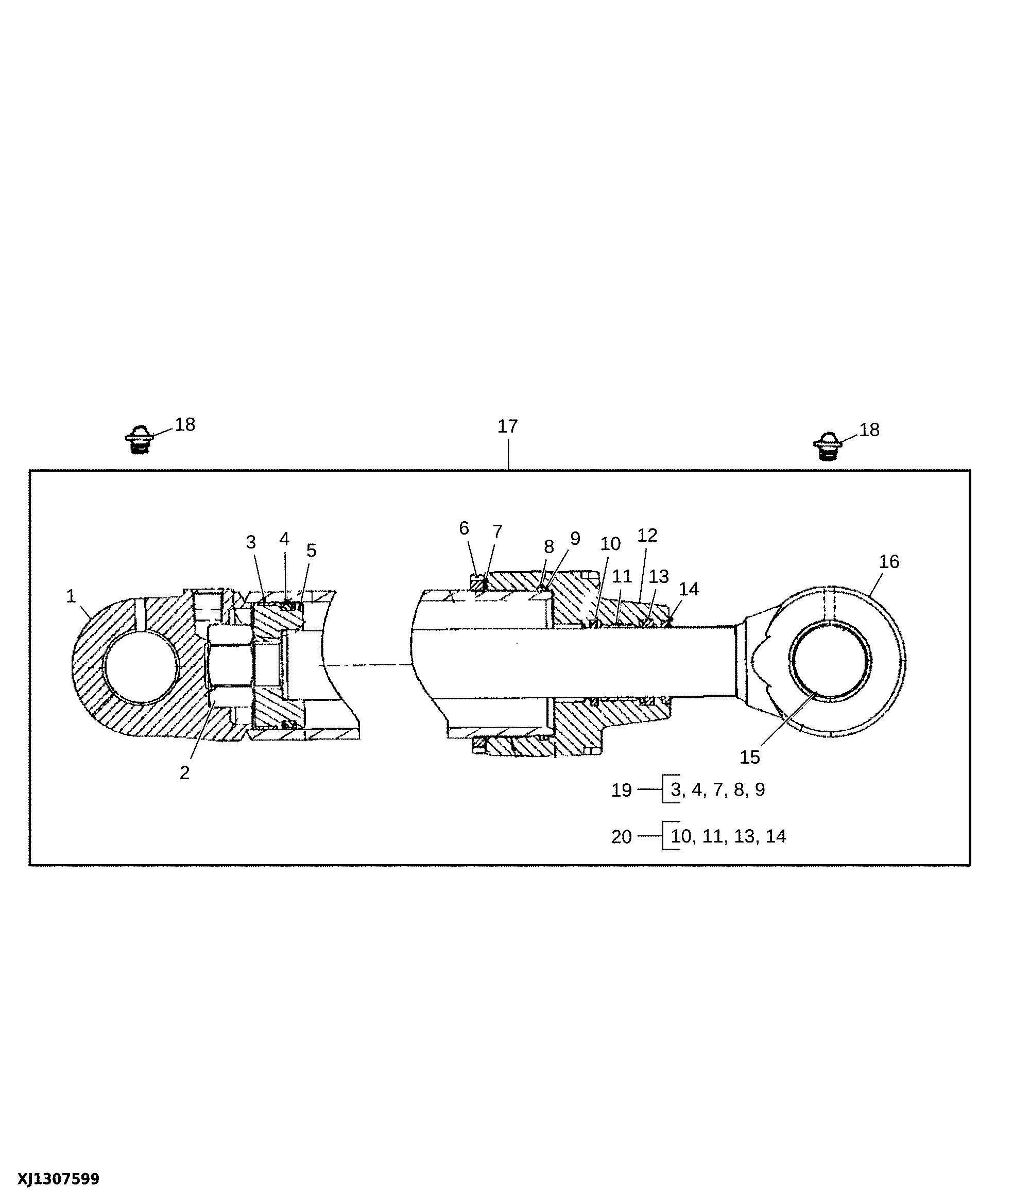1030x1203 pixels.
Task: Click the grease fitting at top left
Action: pyautogui.click(x=140, y=439)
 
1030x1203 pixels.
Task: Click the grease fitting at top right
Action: pyautogui.click(x=828, y=446)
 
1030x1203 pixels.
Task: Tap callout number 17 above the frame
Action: pyautogui.click(x=507, y=427)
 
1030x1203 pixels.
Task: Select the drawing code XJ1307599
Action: pyautogui.click(x=58, y=1179)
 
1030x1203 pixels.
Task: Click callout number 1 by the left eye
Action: pyautogui.click(x=72, y=596)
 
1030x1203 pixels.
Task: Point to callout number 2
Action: pyautogui.click(x=185, y=773)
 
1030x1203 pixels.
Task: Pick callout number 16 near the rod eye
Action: pyautogui.click(x=889, y=561)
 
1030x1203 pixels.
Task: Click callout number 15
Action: pyautogui.click(x=749, y=757)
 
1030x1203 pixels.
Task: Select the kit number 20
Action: pyautogui.click(x=621, y=837)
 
